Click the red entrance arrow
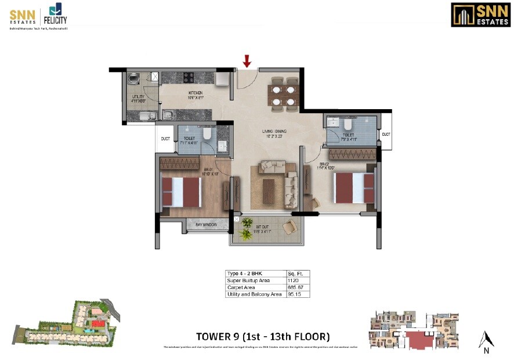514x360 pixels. [x=247, y=60]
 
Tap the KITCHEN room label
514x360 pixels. [x=194, y=93]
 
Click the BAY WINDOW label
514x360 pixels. [x=206, y=225]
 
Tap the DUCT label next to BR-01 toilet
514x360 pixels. [x=165, y=139]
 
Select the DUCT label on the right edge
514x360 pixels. [x=386, y=135]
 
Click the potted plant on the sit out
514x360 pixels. [x=248, y=224]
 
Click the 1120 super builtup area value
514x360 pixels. [x=292, y=280]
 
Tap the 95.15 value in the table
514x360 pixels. [x=294, y=294]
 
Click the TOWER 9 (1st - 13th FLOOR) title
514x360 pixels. [x=263, y=336]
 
